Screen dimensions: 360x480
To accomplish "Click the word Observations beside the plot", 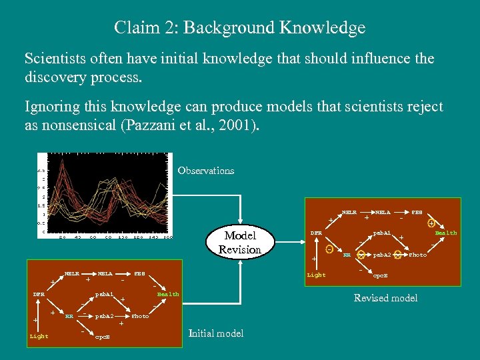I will (x=206, y=171).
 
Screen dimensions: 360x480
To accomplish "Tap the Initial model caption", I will (x=217, y=333).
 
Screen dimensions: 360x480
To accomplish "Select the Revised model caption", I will (x=385, y=298).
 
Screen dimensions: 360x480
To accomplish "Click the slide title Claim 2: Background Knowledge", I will (x=239, y=28).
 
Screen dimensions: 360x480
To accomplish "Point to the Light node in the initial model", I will (x=39, y=336).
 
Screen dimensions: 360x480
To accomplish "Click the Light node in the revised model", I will (x=316, y=275).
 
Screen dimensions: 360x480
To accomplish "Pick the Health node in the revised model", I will (x=446, y=233).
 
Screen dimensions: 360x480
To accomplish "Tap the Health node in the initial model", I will (x=167, y=294).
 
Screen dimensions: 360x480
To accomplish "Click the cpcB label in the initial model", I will (x=103, y=337).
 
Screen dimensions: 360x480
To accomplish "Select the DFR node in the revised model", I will (x=316, y=233).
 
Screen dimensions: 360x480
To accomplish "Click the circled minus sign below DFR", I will (x=329, y=249).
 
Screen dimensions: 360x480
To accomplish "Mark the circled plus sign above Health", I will (x=431, y=223).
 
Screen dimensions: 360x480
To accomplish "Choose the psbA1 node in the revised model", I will (x=381, y=233).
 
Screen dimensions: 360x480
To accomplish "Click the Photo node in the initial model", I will (x=140, y=316).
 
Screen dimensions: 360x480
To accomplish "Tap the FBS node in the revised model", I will (x=417, y=212).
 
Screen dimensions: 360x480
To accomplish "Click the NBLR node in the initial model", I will (x=71, y=273).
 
